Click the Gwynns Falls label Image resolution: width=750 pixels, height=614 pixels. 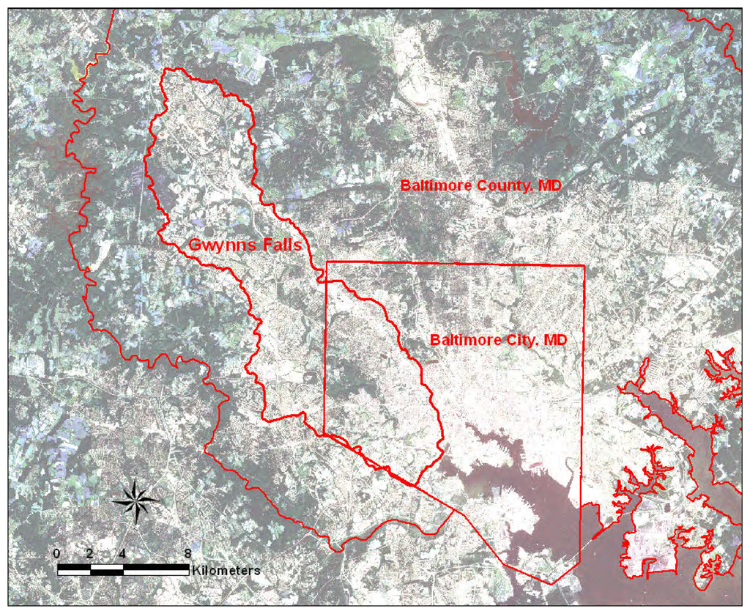(245, 245)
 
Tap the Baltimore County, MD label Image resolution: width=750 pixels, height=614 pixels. (481, 186)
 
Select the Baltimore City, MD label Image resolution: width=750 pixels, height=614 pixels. (499, 341)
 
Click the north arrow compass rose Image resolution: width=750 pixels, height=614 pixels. (136, 501)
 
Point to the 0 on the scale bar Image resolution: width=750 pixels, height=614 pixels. (57, 553)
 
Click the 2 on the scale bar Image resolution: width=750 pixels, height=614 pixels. (89, 553)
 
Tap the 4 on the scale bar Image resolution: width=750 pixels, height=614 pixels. (122, 553)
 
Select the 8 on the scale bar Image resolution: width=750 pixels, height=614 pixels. (188, 553)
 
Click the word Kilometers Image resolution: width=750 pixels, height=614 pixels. (226, 569)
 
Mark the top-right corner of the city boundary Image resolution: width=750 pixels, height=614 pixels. (584, 265)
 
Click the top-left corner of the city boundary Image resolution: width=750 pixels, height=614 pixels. (326, 262)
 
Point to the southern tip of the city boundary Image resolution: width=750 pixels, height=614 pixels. (553, 584)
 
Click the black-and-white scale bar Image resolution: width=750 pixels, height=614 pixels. (123, 569)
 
